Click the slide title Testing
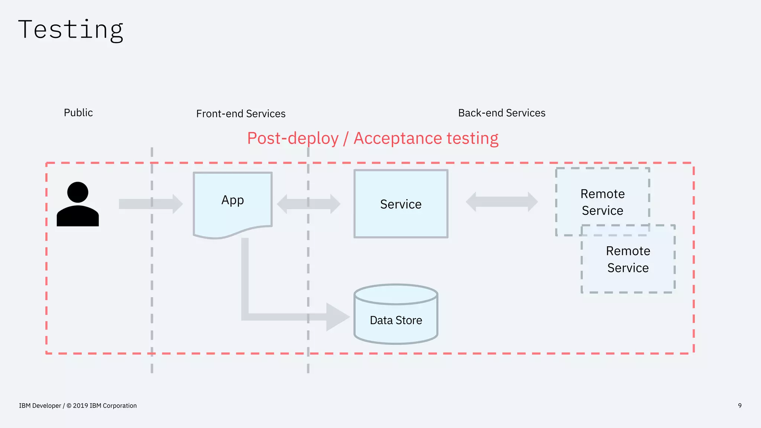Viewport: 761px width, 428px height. [71, 30]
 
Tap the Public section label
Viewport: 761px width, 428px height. [78, 113]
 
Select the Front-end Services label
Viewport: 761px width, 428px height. [241, 114]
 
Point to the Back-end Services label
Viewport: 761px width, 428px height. [502, 113]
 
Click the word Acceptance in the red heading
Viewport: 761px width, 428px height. [398, 139]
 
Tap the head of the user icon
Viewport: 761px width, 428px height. [78, 192]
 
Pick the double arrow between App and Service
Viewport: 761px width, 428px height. [308, 204]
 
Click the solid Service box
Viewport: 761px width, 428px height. [401, 204]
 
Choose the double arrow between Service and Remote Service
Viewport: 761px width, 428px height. [502, 202]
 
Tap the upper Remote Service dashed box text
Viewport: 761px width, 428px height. [602, 202]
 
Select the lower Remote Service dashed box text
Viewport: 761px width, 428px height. [628, 259]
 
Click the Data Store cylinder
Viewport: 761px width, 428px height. [396, 320]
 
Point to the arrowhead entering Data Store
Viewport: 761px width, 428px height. [337, 317]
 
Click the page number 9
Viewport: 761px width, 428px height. [739, 406]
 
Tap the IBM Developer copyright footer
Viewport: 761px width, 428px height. [78, 406]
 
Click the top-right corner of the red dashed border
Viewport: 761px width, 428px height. [693, 163]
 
